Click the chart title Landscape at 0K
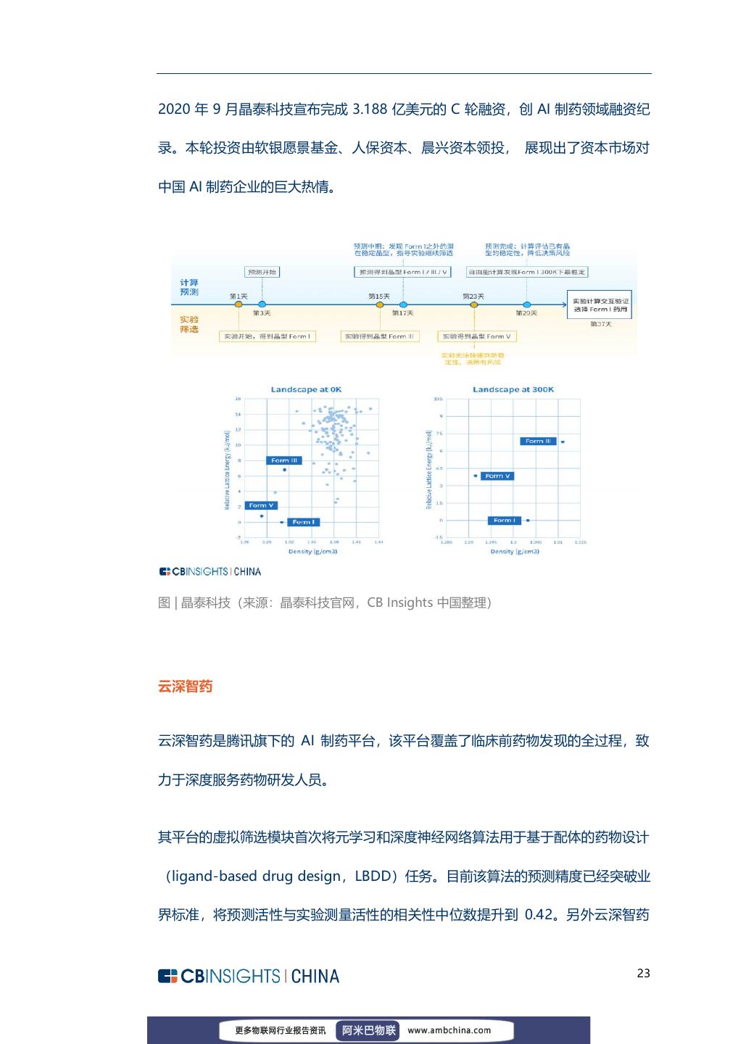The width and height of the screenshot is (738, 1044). pos(306,389)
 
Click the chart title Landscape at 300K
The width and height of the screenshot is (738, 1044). pos(513,389)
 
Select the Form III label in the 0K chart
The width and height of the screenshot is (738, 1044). pos(284,460)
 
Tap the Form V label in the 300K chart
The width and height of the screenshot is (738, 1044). pos(498,476)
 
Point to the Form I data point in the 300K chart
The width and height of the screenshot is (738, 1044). pos(528,521)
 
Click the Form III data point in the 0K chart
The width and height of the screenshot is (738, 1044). pos(284,470)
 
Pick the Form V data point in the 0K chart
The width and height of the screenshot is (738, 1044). pos(262,516)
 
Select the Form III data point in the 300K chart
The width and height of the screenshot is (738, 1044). pos(563,442)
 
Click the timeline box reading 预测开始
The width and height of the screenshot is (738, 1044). pos(262,272)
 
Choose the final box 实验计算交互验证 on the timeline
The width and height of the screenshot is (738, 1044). pos(601,304)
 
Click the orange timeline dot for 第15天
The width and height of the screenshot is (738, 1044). pos(379,304)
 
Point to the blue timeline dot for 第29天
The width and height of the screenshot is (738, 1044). pos(527,304)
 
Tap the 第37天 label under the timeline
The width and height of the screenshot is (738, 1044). pos(601,324)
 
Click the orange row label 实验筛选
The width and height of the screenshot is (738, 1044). pos(189,324)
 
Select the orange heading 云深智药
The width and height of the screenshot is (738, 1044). pos(185,686)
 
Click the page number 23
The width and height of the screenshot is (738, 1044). pos(643,973)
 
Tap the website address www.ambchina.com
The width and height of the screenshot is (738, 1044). pos(449,1029)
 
